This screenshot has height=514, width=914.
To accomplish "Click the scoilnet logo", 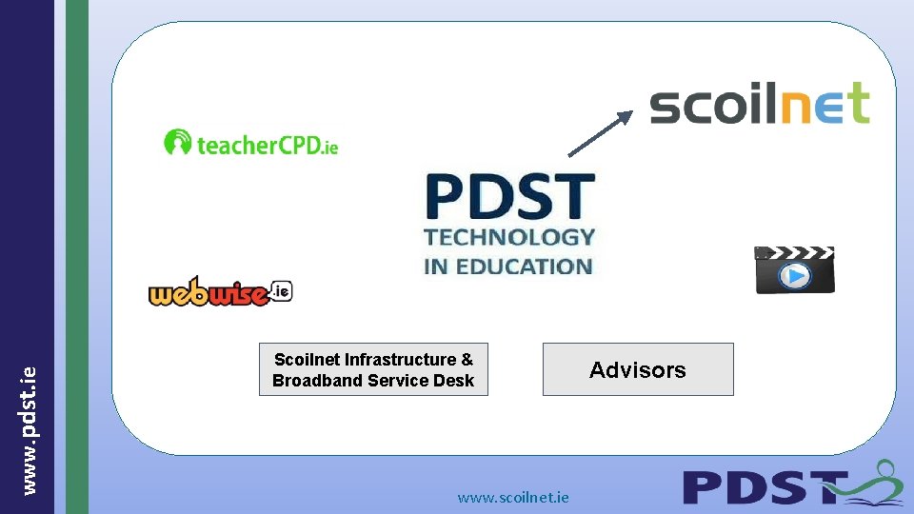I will tap(760, 104).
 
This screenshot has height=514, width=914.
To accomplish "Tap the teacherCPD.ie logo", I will tap(251, 144).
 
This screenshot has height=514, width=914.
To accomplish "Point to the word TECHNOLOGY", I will tap(509, 237).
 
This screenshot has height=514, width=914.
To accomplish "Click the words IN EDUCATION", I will tap(509, 267).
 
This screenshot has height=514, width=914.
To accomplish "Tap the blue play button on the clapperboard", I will tap(795, 276).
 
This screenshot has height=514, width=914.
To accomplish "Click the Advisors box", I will tap(638, 369).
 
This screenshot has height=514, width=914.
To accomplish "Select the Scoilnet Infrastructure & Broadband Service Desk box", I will tap(373, 369).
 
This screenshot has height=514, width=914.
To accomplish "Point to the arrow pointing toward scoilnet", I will tap(601, 132).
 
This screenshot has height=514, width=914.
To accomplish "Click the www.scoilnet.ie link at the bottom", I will tap(513, 497).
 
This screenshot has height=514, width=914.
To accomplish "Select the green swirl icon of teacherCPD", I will tap(177, 143).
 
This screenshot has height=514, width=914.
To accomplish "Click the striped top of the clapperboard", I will tap(794, 253).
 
